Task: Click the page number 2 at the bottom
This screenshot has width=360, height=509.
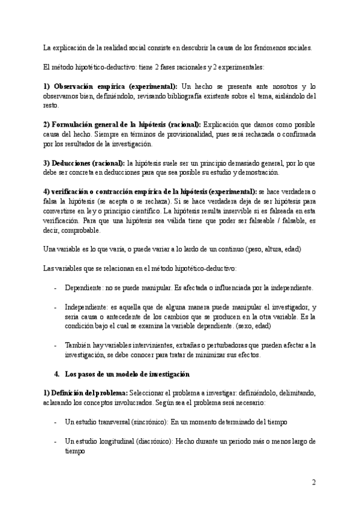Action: click(314, 482)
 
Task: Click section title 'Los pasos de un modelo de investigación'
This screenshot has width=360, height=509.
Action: click(127, 374)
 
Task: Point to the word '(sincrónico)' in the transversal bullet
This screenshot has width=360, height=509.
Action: click(148, 422)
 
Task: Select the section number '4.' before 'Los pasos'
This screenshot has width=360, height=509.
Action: click(56, 374)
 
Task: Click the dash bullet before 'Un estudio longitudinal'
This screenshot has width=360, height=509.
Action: click(56, 441)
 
